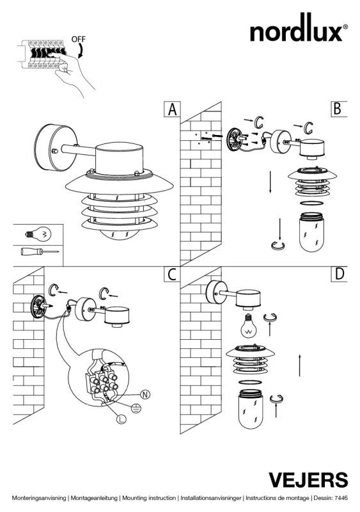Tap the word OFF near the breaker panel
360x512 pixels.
click(x=79, y=39)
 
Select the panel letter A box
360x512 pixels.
click(x=172, y=109)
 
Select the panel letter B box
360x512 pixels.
click(x=339, y=109)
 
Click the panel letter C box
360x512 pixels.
click(x=172, y=275)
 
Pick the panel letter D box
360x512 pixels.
click(x=339, y=275)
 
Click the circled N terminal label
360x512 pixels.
click(x=145, y=394)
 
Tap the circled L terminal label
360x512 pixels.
click(x=121, y=419)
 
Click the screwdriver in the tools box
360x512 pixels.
click(x=40, y=252)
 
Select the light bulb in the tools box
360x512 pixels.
click(x=38, y=234)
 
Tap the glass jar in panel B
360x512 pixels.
click(x=311, y=232)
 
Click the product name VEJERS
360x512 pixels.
click(x=308, y=480)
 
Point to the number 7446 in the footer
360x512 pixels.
click(x=341, y=498)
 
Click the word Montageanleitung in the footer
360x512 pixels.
click(x=94, y=498)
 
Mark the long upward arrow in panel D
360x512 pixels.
click(x=300, y=365)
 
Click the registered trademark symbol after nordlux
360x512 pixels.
click(x=345, y=27)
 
